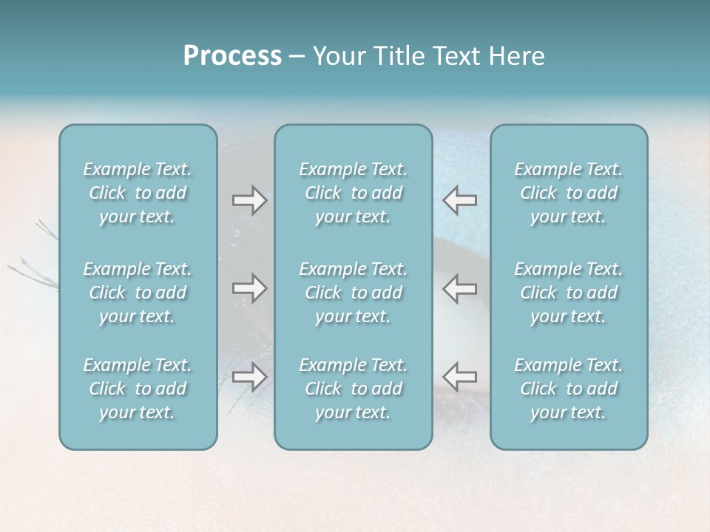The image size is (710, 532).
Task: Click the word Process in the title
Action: [232, 56]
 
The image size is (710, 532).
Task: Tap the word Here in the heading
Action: [518, 56]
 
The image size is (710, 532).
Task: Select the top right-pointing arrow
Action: [250, 200]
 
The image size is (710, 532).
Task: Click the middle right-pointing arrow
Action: [250, 288]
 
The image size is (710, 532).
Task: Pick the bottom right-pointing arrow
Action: [250, 377]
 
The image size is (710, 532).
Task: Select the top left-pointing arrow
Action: [460, 200]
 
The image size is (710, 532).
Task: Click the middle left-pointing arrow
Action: [460, 288]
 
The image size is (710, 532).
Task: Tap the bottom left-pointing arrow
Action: [460, 377]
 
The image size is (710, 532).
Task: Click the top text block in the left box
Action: [138, 193]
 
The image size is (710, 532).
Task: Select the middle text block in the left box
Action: [138, 293]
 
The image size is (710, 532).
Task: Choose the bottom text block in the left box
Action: [138, 389]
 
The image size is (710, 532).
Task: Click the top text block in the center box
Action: [354, 193]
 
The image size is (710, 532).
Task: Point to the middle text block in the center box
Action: [354, 293]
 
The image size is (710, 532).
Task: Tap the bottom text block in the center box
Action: [354, 389]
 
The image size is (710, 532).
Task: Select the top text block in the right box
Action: [569, 193]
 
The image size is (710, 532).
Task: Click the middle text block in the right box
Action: [569, 293]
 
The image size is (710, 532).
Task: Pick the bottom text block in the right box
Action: [569, 389]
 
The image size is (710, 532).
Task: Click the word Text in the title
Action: [457, 56]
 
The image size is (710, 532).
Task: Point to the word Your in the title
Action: [337, 56]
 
